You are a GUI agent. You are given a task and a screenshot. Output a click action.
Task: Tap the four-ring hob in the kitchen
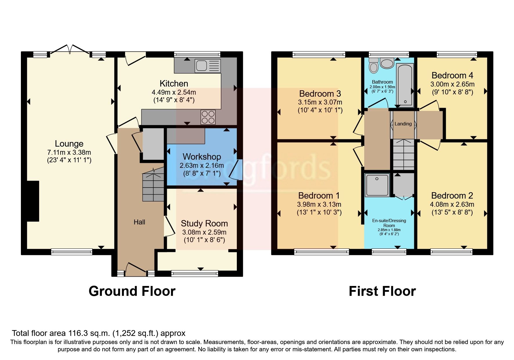[208, 117]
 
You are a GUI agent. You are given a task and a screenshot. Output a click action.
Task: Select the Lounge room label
[69, 143]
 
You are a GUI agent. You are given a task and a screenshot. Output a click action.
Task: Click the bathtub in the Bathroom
[405, 85]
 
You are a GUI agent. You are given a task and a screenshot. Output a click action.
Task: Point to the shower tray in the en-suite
[377, 185]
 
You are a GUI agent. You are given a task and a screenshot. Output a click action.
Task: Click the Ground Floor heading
[132, 291]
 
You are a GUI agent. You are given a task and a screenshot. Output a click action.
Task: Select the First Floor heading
[382, 291]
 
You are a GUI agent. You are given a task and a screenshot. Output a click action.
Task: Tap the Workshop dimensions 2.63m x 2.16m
[202, 165]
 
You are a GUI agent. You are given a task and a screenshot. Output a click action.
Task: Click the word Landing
[403, 124]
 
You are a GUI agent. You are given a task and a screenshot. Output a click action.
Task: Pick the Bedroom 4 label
[452, 75]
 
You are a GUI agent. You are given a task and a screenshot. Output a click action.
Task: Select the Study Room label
[204, 223]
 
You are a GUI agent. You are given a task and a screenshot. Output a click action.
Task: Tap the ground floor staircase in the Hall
[153, 186]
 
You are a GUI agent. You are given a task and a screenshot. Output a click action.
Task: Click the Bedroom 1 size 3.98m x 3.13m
[319, 204]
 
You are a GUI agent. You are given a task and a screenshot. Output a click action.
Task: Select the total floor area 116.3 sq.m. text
[99, 333]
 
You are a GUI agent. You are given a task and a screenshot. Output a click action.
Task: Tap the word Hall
[139, 222]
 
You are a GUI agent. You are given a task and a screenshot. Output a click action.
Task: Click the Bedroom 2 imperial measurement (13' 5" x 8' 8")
[452, 212]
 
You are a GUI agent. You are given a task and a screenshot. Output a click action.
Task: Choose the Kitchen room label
[174, 84]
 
